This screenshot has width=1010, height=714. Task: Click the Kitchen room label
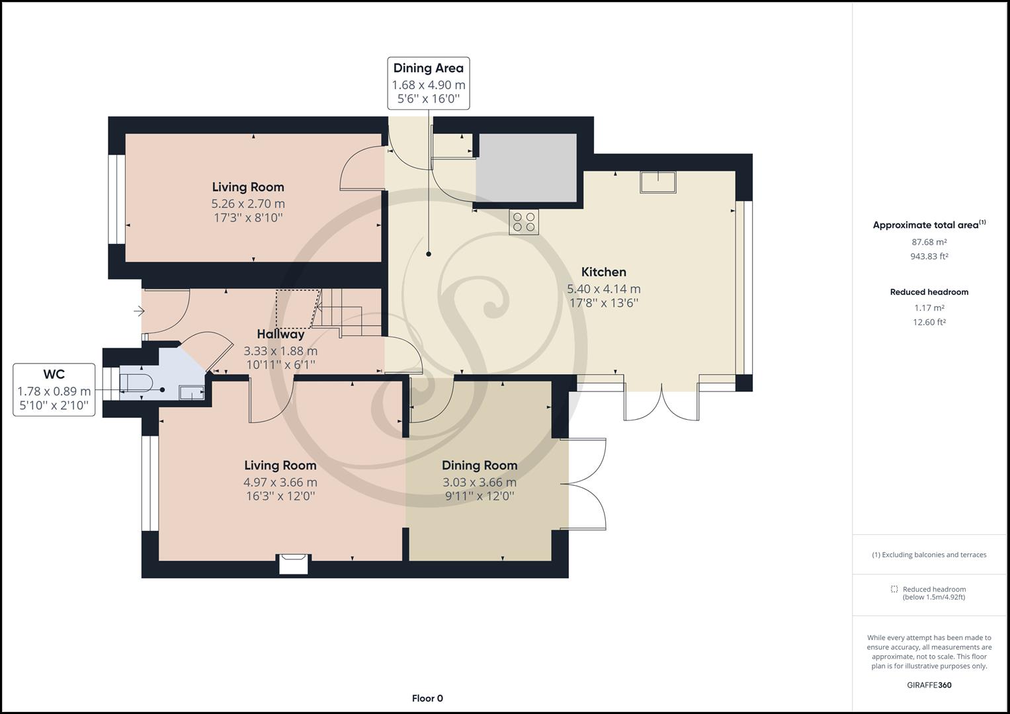tap(603, 272)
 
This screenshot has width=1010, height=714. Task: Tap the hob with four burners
tap(524, 221)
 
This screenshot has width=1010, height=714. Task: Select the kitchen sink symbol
tap(657, 182)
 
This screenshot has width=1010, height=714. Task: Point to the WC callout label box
tap(54, 389)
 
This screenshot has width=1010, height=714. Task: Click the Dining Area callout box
tap(429, 83)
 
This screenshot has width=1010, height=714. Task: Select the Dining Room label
tap(480, 465)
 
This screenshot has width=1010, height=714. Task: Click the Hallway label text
tap(280, 334)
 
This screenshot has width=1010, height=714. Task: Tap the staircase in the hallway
tap(339, 311)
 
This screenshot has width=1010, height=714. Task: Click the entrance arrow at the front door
tap(139, 311)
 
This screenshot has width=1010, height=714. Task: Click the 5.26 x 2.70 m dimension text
tap(248, 204)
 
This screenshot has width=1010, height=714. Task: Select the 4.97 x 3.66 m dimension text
tap(280, 482)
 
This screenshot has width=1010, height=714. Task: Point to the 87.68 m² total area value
tap(929, 242)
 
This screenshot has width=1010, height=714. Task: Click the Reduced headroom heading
tap(929, 292)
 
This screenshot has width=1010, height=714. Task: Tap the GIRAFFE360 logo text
tap(929, 685)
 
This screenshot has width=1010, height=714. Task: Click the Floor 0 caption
tap(427, 698)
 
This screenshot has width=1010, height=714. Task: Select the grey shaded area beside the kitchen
tap(526, 168)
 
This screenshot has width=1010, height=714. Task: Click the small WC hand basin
tap(192, 393)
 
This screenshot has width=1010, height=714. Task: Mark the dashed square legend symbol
tap(894, 589)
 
